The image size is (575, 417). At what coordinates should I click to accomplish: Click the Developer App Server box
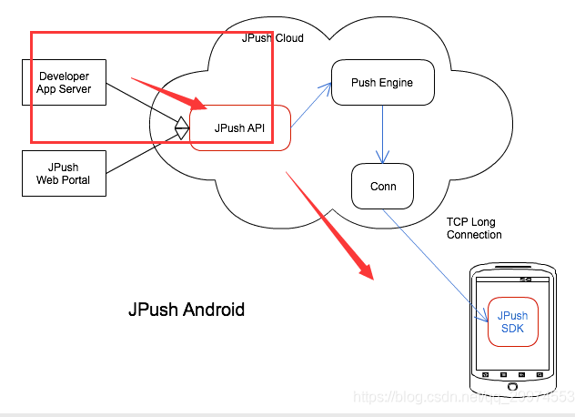(x=64, y=83)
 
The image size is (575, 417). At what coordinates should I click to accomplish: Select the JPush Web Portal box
(x=64, y=173)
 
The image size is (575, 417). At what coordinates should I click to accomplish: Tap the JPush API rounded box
(x=239, y=128)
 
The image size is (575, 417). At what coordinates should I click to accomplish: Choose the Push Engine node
(x=382, y=83)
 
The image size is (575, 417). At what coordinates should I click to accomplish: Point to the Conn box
(x=382, y=187)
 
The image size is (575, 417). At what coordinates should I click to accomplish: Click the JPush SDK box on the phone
(x=512, y=321)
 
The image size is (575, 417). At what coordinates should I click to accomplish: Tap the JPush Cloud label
(x=273, y=38)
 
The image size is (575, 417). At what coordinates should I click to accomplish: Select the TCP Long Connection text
(x=474, y=229)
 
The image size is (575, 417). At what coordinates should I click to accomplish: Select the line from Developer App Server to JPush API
(x=141, y=105)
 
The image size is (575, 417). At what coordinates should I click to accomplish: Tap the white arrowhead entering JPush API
(x=182, y=127)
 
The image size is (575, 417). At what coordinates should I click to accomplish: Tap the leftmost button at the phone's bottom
(x=486, y=375)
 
